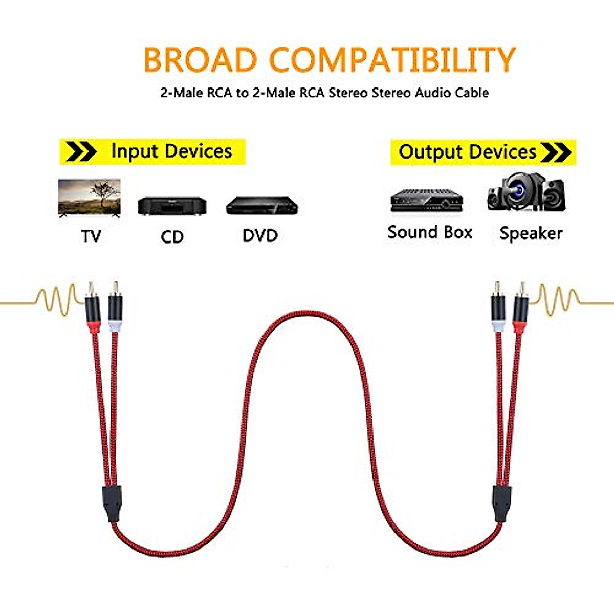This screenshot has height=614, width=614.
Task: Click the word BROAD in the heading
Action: pyautogui.click(x=200, y=60)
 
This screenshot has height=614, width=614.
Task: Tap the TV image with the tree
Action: pyautogui.click(x=90, y=199)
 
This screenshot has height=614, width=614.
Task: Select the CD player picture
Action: pyautogui.click(x=172, y=206)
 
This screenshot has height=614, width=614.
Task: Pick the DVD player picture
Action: pyautogui.click(x=262, y=205)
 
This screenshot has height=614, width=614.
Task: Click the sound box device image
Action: pyautogui.click(x=427, y=200)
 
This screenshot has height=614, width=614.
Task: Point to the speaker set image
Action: pyautogui.click(x=526, y=193)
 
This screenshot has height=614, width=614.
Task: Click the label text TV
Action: pyautogui.click(x=91, y=236)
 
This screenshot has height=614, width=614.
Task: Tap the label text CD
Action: pyautogui.click(x=172, y=237)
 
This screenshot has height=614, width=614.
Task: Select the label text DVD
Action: pyautogui.click(x=260, y=236)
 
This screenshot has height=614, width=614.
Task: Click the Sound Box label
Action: pyautogui.click(x=430, y=232)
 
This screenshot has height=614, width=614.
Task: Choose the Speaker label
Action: pyautogui.click(x=531, y=233)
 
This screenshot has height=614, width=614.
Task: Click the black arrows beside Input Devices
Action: pyautogui.click(x=82, y=152)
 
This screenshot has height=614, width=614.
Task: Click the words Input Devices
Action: pyautogui.click(x=171, y=151)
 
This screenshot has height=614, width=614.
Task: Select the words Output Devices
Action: pyautogui.click(x=467, y=152)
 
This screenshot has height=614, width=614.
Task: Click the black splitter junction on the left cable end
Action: pyautogui.click(x=112, y=504)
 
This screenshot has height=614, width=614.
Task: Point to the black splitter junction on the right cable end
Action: pyautogui.click(x=501, y=503)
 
